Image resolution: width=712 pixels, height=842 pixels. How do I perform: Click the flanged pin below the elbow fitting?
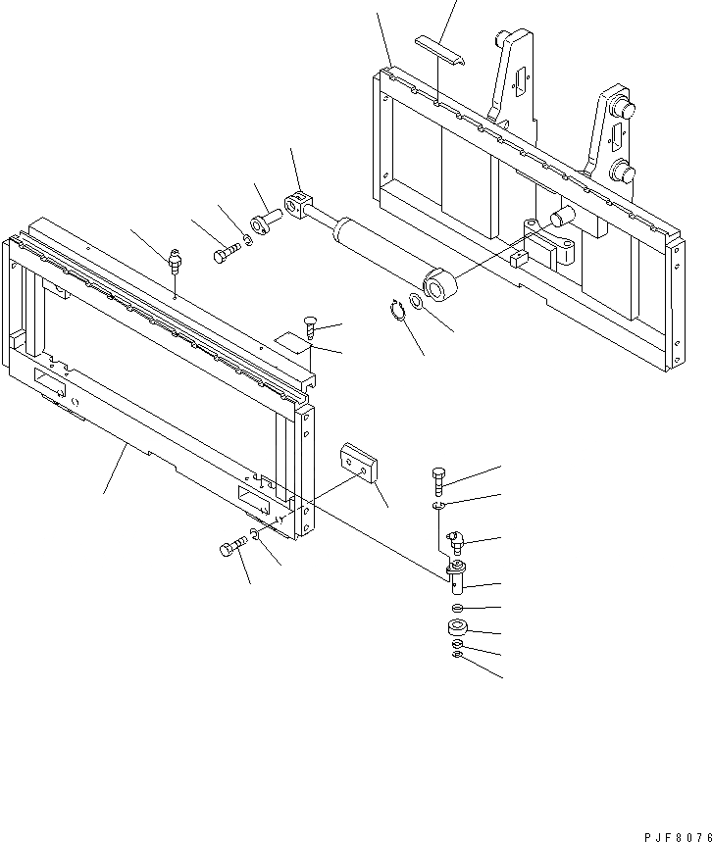pyautogui.click(x=456, y=576)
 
